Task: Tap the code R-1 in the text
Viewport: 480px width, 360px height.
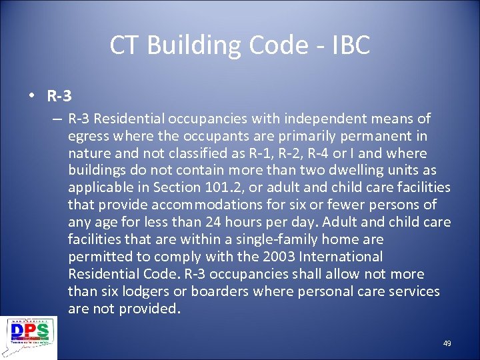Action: pyautogui.click(x=261, y=153)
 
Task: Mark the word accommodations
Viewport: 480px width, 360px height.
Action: pyautogui.click(x=193, y=205)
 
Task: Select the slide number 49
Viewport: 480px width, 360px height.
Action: pyautogui.click(x=447, y=343)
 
